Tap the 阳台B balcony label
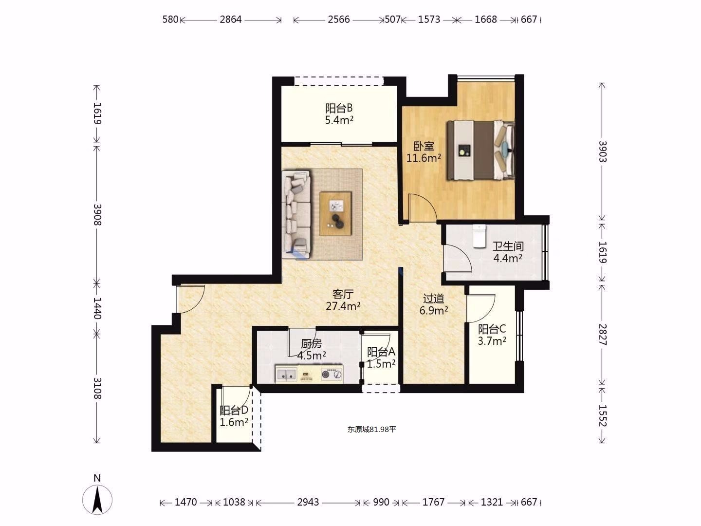point(339,108)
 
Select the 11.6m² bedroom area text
point(424,158)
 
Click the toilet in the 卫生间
point(479,236)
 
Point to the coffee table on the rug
point(335,214)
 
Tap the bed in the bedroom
point(480,150)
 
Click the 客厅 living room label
point(343,294)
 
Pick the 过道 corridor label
point(433,298)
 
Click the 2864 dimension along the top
point(231,19)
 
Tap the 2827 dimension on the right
point(602,335)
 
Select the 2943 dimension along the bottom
point(308,502)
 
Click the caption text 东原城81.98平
point(372,429)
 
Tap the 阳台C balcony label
point(492,329)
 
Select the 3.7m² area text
point(492,341)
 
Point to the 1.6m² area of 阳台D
point(234,422)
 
